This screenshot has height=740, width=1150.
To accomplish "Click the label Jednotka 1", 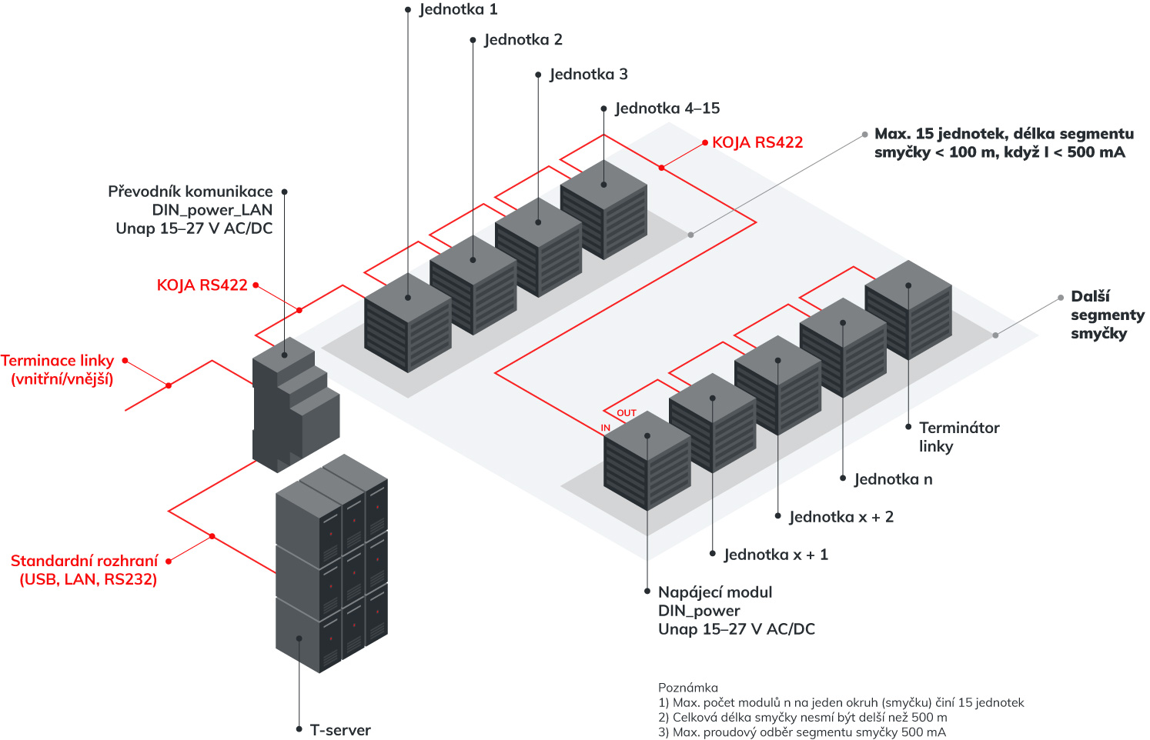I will pyautogui.click(x=458, y=9).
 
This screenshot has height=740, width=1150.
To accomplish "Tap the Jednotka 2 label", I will pyautogui.click(x=523, y=39).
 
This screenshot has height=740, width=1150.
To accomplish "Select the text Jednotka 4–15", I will pyautogui.click(x=667, y=108).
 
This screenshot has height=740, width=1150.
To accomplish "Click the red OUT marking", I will pyautogui.click(x=627, y=413).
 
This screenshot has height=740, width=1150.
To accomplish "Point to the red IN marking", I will pyautogui.click(x=606, y=428).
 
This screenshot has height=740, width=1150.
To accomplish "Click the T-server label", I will pyautogui.click(x=339, y=730).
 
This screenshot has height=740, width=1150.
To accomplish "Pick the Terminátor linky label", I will pyautogui.click(x=958, y=437).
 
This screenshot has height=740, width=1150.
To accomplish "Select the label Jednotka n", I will pyautogui.click(x=893, y=479).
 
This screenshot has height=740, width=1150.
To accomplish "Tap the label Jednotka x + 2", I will pyautogui.click(x=841, y=517).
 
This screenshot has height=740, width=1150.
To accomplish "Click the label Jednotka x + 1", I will pyautogui.click(x=775, y=555).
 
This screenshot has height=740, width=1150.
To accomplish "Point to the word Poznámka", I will pyautogui.click(x=687, y=688).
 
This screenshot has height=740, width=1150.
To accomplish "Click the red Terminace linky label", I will pyautogui.click(x=59, y=369).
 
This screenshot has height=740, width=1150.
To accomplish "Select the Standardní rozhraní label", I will pyautogui.click(x=85, y=570).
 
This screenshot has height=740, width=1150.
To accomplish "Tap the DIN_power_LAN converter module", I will pyautogui.click(x=295, y=404).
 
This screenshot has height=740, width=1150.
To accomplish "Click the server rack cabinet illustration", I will pyautogui.click(x=331, y=562).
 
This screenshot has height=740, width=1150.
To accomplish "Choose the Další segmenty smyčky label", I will pyautogui.click(x=1106, y=315).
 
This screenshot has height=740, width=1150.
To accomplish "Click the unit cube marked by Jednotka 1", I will pyautogui.click(x=407, y=323).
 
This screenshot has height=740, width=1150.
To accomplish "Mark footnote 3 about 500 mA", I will pyautogui.click(x=801, y=732).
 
